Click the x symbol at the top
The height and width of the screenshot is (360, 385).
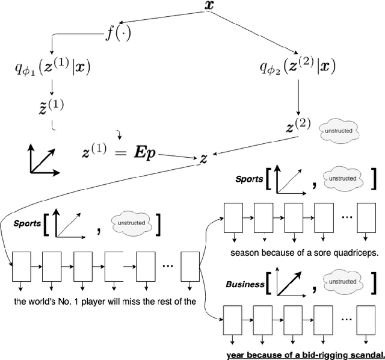pyautogui.click(x=209, y=7)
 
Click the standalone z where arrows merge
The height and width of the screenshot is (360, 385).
pyautogui.click(x=204, y=158)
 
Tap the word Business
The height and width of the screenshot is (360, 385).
pyautogui.click(x=244, y=285)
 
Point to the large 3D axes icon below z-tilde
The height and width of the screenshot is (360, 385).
pyautogui.click(x=44, y=160)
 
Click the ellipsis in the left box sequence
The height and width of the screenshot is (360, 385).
pyautogui.click(x=168, y=264)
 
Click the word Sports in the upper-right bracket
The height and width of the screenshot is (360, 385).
pyautogui.click(x=249, y=179)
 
